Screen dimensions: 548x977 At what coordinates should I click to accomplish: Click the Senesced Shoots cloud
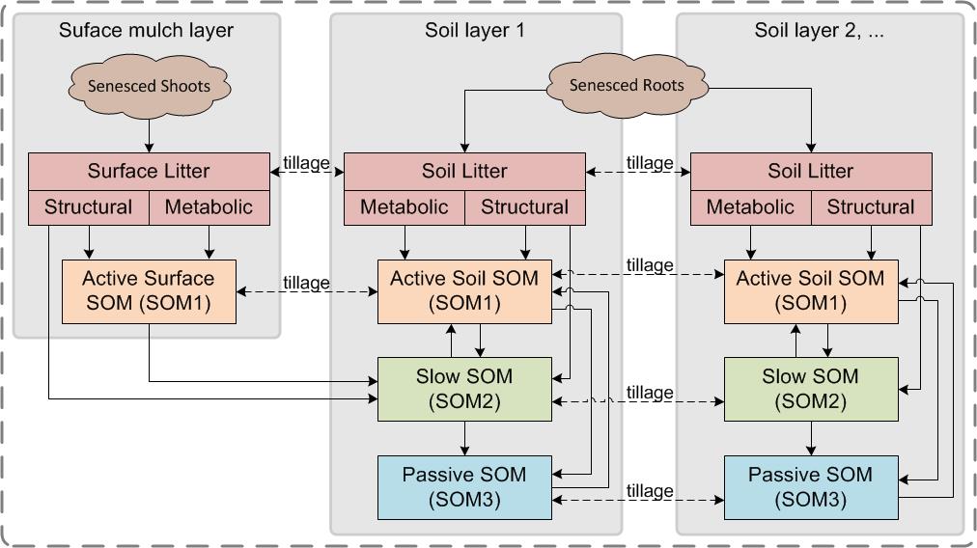pyautogui.click(x=149, y=86)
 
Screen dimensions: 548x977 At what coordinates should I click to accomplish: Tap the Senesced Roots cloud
pyautogui.click(x=626, y=85)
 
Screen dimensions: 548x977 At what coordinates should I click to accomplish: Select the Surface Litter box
pyautogui.click(x=149, y=171)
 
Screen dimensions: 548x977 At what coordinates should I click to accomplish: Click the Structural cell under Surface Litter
pyautogui.click(x=88, y=206)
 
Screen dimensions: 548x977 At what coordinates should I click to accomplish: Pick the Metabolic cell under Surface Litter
pyautogui.click(x=209, y=206)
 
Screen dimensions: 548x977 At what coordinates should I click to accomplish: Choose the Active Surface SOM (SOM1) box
pyautogui.click(x=149, y=290)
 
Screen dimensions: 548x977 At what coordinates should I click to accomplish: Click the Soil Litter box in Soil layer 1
pyautogui.click(x=463, y=171)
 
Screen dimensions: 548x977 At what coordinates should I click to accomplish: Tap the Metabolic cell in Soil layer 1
pyautogui.click(x=404, y=206)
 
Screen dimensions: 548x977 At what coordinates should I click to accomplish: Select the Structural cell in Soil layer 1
pyautogui.click(x=524, y=206)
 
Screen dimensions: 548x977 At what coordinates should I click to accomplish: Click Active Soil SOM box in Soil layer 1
pyautogui.click(x=463, y=290)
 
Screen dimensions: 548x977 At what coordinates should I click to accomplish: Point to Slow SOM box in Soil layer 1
pyautogui.click(x=463, y=388)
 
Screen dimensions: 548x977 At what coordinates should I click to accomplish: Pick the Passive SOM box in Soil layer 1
pyautogui.click(x=463, y=486)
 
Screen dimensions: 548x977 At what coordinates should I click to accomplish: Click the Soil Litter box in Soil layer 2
pyautogui.click(x=811, y=171)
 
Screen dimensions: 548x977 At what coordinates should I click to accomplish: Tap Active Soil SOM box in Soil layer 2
pyautogui.click(x=811, y=290)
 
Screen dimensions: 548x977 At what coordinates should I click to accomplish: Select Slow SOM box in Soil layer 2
pyautogui.click(x=811, y=388)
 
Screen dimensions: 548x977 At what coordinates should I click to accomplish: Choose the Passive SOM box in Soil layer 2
pyautogui.click(x=811, y=486)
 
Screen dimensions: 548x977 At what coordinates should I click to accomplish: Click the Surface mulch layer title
pyautogui.click(x=146, y=30)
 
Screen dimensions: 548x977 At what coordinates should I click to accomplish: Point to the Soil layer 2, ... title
pyautogui.click(x=820, y=30)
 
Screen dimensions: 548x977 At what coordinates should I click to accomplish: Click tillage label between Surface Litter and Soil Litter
pyautogui.click(x=306, y=163)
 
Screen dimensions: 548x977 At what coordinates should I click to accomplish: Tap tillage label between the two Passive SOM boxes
pyautogui.click(x=649, y=490)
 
